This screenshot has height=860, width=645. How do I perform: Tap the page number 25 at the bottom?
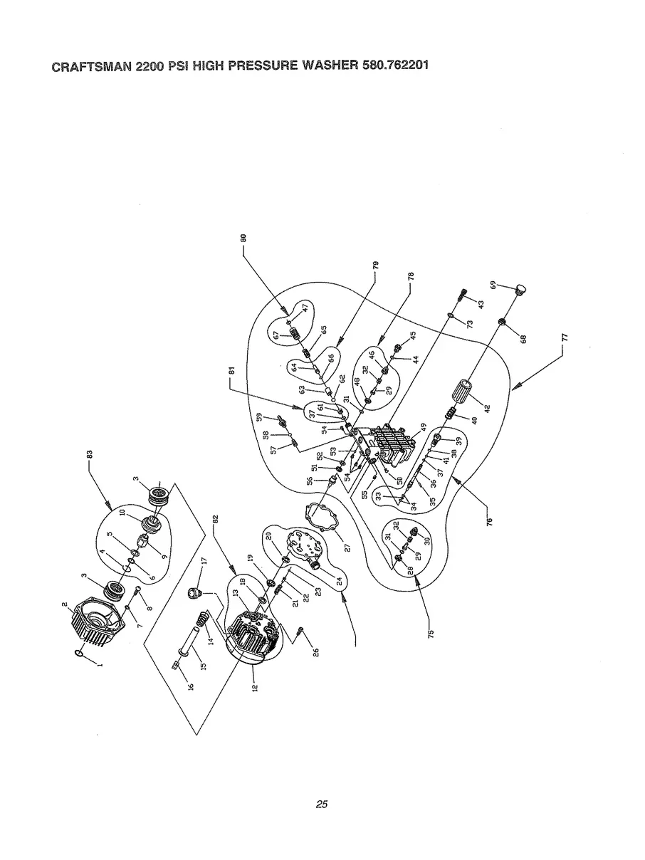point(322,804)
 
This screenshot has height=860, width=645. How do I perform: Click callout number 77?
point(565,339)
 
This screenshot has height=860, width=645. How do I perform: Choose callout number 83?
point(90,453)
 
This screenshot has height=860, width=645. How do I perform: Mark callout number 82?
point(216,520)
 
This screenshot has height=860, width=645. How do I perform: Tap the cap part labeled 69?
point(523,290)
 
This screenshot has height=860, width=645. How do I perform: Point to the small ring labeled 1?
point(80,654)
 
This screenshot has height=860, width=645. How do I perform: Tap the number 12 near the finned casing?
point(255,687)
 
